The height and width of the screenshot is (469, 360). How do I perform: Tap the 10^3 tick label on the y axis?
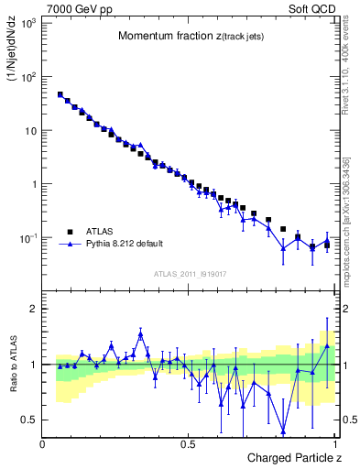click(x=27, y=22)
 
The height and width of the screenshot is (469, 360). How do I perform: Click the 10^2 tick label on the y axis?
click(x=27, y=76)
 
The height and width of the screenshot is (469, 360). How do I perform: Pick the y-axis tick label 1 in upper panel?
click(x=33, y=184)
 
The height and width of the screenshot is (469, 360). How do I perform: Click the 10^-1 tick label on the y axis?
click(x=27, y=238)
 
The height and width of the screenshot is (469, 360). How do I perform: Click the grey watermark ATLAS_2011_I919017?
click(x=190, y=273)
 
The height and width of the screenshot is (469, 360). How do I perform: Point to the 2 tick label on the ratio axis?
click(x=34, y=309)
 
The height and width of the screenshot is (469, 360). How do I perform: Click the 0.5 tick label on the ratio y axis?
click(x=29, y=420)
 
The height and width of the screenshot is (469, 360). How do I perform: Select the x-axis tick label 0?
click(x=43, y=443)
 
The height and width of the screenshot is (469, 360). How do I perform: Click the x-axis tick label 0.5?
click(x=188, y=443)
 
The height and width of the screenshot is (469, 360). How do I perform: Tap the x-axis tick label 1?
click(x=335, y=443)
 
